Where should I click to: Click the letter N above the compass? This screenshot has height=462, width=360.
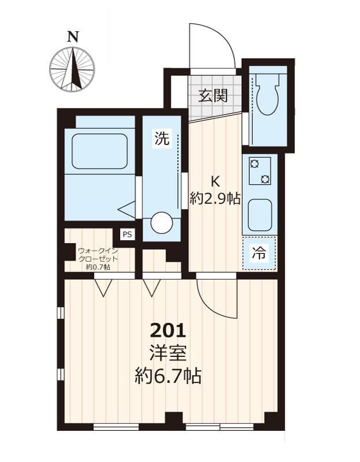click(73, 37)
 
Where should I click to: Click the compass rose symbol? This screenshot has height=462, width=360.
click(72, 69)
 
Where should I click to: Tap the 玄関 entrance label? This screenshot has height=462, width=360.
click(213, 95)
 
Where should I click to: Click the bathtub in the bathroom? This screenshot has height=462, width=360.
click(100, 151)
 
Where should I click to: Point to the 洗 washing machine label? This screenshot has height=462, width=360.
click(162, 138)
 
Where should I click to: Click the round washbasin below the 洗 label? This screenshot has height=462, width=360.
click(162, 223)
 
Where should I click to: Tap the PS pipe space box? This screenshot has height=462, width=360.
click(127, 234)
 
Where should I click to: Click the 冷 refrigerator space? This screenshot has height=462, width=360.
click(259, 253)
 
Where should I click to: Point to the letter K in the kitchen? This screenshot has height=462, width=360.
click(215, 181)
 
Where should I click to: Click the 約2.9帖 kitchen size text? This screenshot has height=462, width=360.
click(215, 199)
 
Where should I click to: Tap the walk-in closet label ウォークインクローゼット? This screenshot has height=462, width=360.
click(97, 255)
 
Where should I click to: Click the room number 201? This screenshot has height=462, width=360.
click(168, 330)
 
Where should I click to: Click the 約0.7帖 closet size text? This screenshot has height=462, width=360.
click(97, 267)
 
